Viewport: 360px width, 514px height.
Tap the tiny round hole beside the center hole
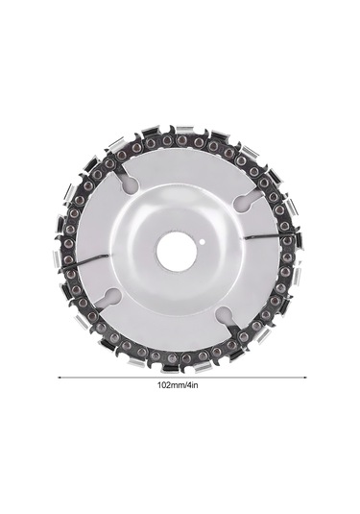202,242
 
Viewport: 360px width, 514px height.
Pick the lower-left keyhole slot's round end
110,298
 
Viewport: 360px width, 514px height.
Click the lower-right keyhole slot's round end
224,317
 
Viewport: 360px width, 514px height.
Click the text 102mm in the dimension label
172,385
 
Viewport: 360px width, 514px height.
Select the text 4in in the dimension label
193,385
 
